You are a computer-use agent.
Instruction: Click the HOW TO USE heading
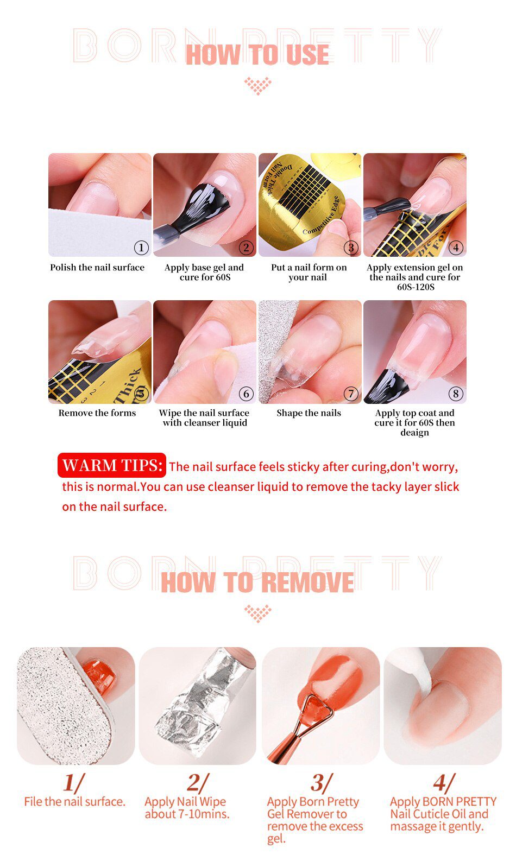coord(257,55)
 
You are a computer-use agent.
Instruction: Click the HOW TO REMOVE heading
coord(257,583)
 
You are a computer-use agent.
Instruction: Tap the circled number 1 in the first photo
coord(141,248)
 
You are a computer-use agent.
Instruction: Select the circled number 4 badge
coord(456,248)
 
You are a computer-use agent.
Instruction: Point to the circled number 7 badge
coord(351,394)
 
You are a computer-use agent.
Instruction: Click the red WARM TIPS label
coord(112,465)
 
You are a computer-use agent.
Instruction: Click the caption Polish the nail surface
coord(97,268)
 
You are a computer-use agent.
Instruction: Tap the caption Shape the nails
coord(309,413)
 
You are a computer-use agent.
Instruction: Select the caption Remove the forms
coord(97,413)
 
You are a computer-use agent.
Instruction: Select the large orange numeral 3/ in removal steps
coord(319,783)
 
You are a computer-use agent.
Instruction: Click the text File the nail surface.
coord(74,802)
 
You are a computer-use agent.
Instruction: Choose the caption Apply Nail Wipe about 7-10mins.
coord(186,808)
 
